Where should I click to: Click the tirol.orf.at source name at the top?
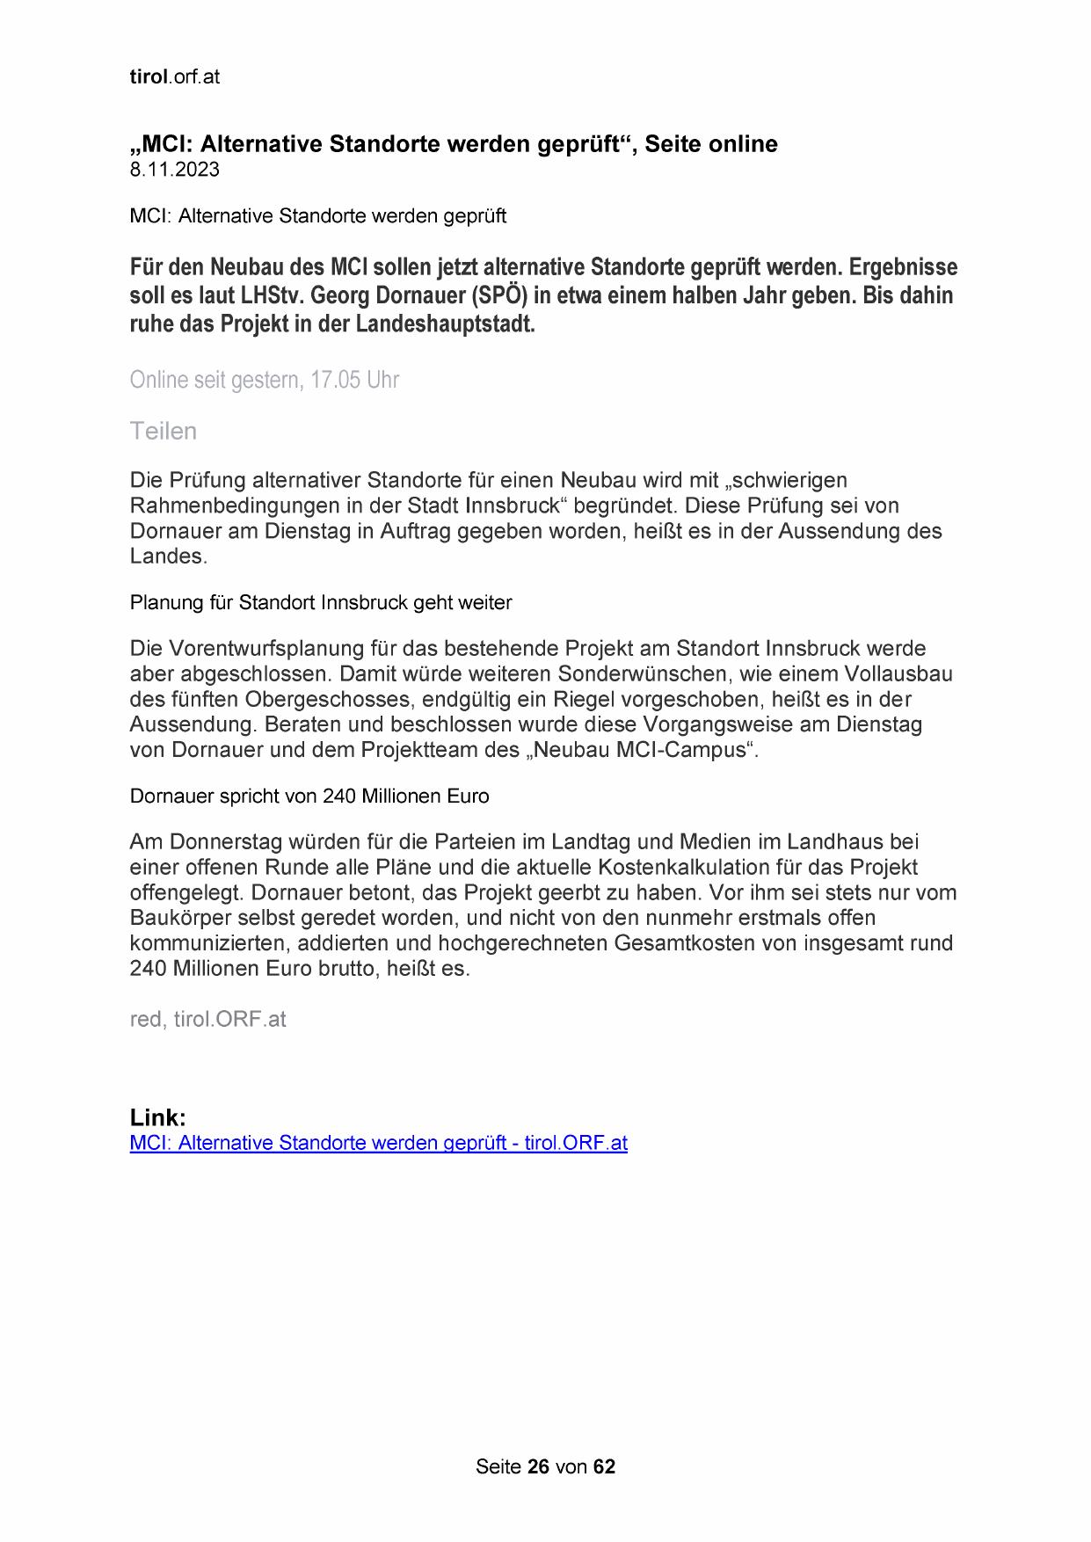click(x=174, y=76)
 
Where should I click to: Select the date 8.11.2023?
click(x=174, y=170)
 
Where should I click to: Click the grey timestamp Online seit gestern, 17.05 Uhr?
click(x=264, y=380)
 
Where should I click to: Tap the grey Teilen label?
click(x=163, y=431)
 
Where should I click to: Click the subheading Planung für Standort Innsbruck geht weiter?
click(x=321, y=602)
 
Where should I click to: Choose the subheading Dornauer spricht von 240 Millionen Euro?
click(x=309, y=796)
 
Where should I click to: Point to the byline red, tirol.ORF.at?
click(x=207, y=1019)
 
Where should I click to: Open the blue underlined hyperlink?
click(x=378, y=1143)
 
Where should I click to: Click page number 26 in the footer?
click(x=538, y=1466)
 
